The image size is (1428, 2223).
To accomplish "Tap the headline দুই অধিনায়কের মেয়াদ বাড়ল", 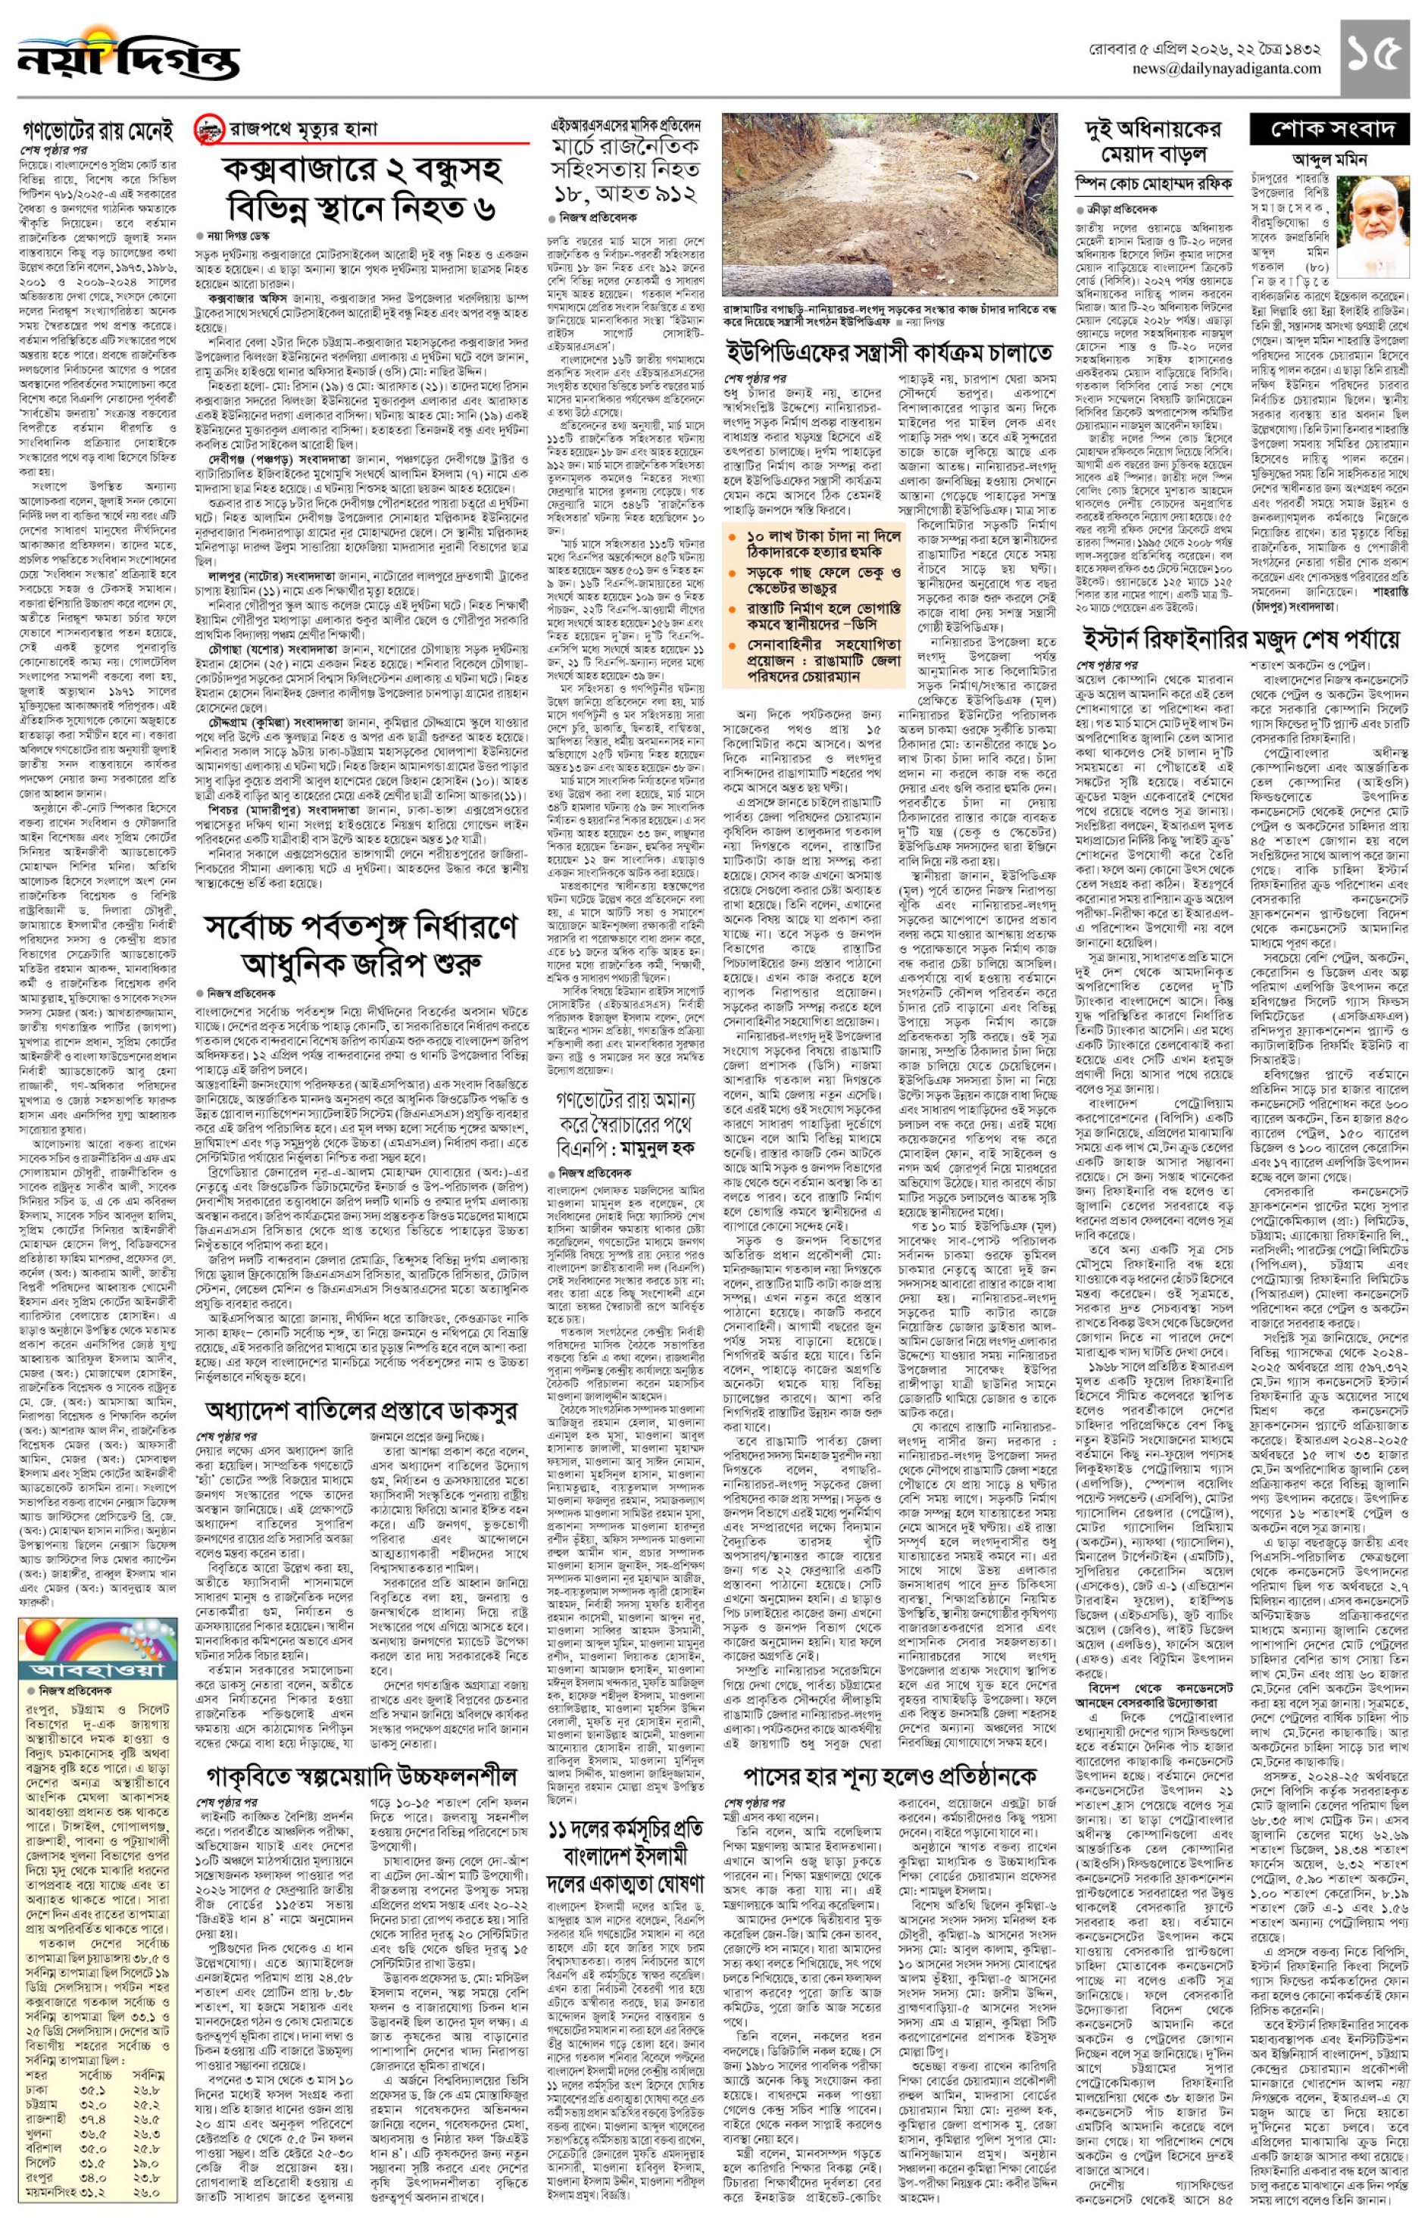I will pyautogui.click(x=1152, y=141).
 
